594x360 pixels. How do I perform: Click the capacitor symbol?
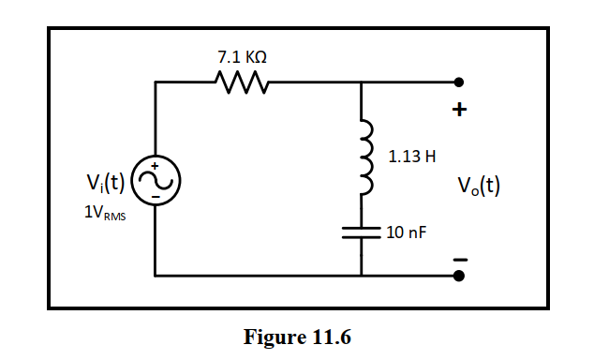click(362, 232)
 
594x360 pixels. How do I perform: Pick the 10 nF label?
click(405, 232)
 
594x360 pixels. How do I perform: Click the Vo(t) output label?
click(478, 185)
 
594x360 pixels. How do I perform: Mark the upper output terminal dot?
click(458, 82)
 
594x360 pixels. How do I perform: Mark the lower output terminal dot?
click(458, 277)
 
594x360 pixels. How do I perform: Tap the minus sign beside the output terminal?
click(458, 255)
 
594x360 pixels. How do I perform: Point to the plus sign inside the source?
click(156, 167)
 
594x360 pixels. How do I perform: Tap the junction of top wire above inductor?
click(362, 82)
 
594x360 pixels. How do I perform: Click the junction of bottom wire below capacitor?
click(362, 277)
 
